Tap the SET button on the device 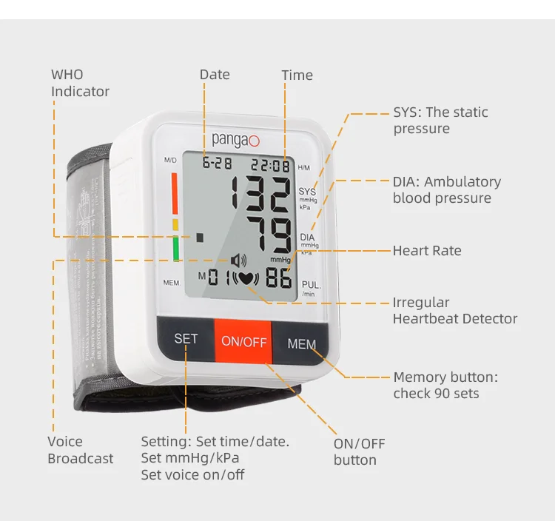186,339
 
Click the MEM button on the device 301,344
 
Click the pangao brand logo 236,138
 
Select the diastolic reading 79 269,235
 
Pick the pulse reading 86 277,278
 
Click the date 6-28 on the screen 217,164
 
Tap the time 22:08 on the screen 270,166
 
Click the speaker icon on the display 238,260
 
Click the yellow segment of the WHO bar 175,224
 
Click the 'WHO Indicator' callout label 80,83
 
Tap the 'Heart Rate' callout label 426,251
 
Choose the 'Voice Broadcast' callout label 80,450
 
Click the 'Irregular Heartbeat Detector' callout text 454,311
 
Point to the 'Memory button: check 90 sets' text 445,385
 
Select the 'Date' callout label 215,75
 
